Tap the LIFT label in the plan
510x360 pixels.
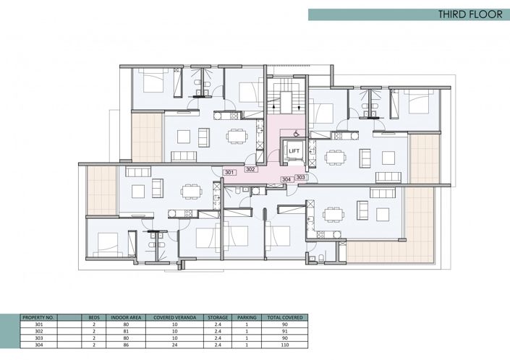pos(294,151)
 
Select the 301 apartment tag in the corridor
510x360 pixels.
pos(229,173)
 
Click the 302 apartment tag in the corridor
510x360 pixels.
pos(250,170)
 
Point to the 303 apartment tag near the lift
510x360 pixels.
pos(301,177)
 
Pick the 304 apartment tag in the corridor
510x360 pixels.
pos(286,179)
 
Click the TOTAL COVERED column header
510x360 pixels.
pos(286,317)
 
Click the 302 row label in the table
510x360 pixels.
pos(28,331)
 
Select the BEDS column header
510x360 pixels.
pos(93,317)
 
